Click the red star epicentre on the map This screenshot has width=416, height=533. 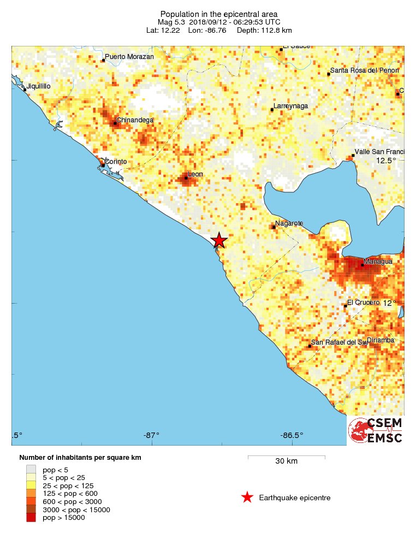[219, 240]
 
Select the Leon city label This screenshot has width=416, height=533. [195, 174]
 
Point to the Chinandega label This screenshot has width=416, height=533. [135, 120]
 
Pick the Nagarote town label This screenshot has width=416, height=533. [289, 223]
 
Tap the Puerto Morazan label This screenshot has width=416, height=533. [129, 57]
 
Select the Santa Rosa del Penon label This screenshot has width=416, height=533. [364, 70]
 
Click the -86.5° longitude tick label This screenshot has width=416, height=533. [291, 435]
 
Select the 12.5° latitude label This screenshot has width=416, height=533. [386, 161]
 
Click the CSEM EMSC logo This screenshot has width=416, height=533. [375, 430]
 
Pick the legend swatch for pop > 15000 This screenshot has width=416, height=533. [31, 518]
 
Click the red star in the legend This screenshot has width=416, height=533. [247, 497]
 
